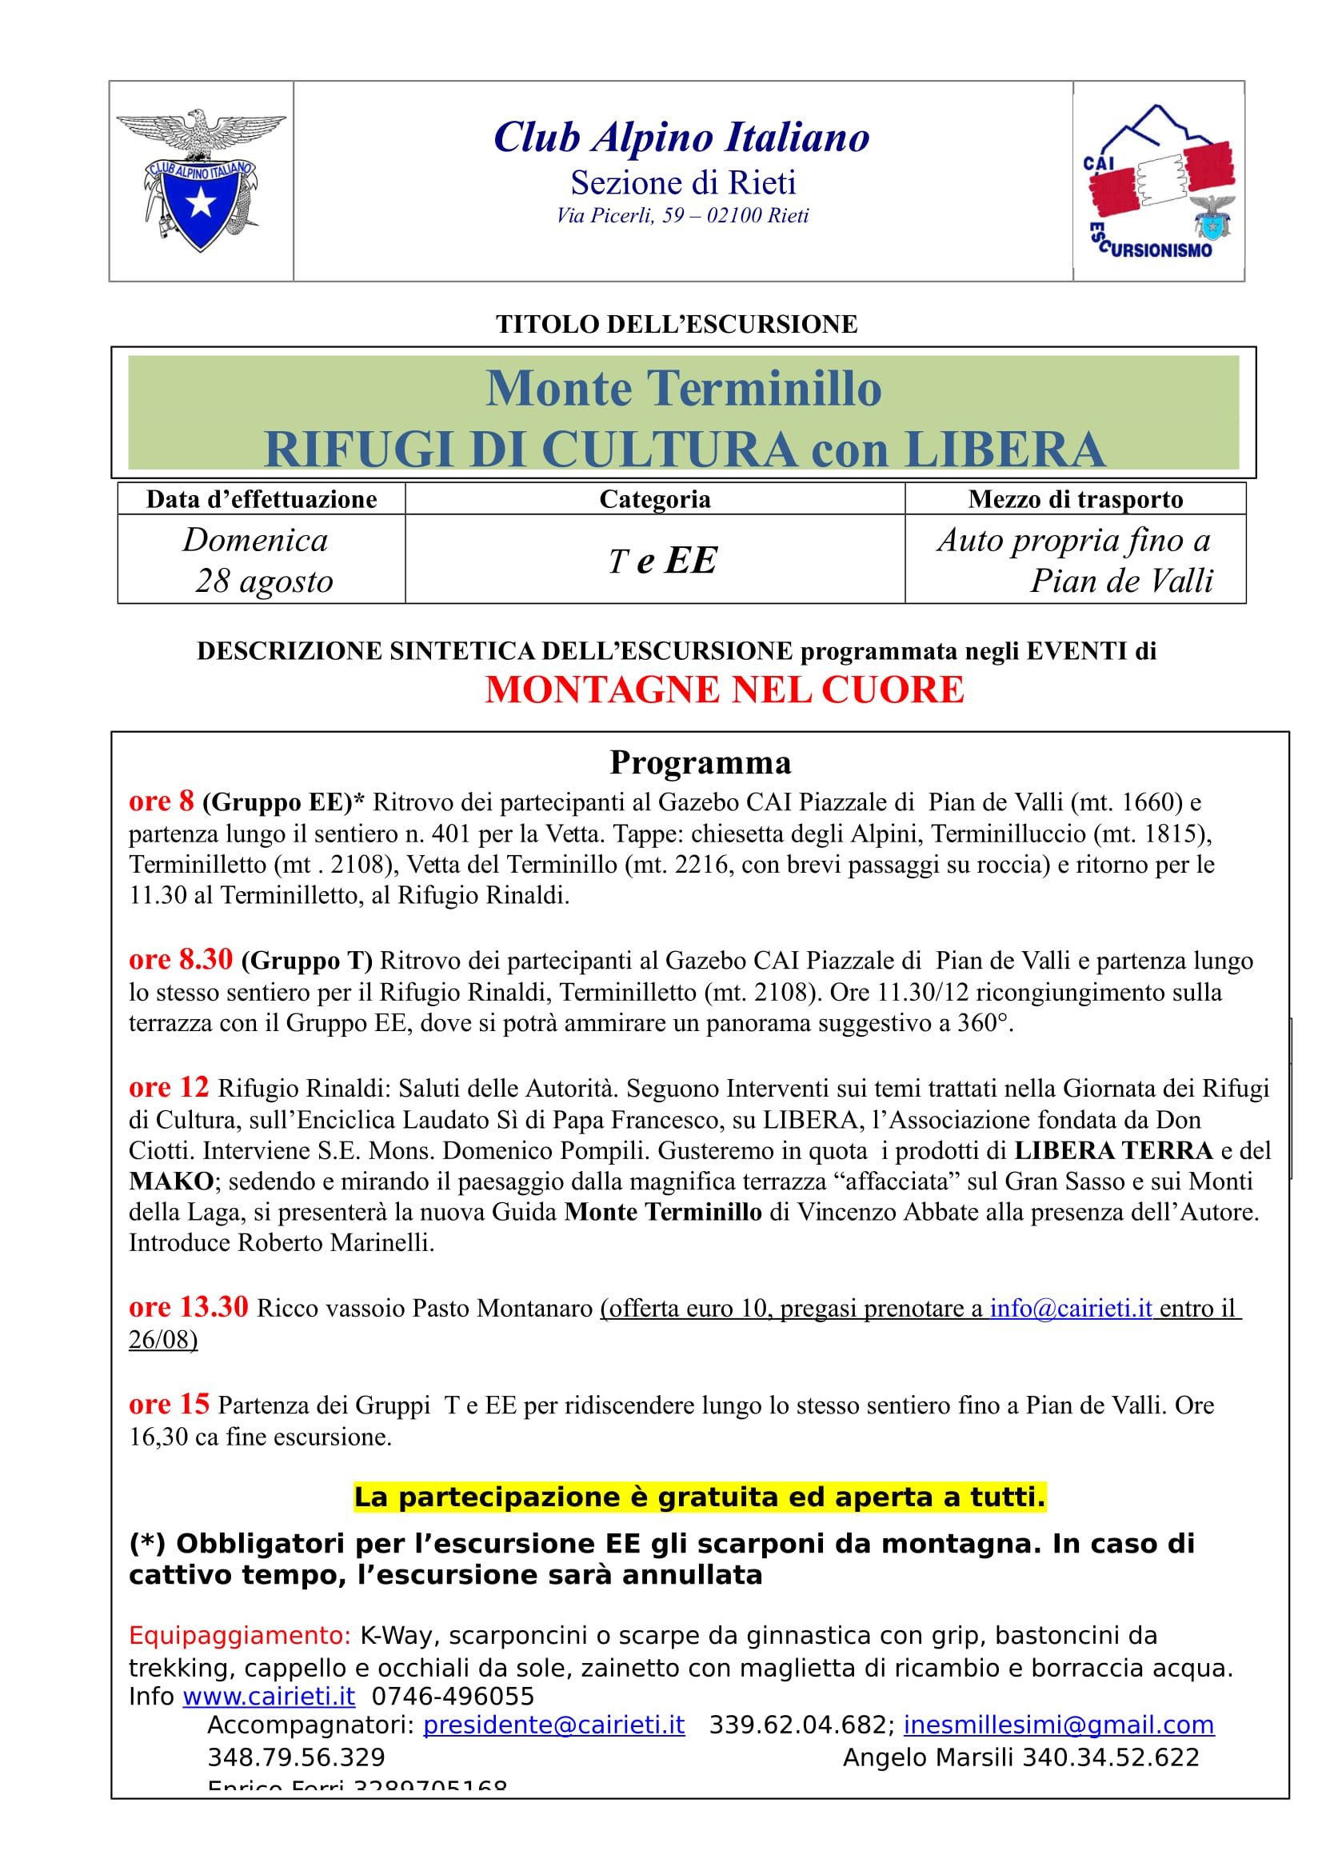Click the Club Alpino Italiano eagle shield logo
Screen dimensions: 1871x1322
[x=201, y=181]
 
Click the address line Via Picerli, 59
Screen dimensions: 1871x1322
[x=682, y=216]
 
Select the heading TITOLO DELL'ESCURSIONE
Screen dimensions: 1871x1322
[x=676, y=324]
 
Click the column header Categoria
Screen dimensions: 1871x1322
[x=654, y=498]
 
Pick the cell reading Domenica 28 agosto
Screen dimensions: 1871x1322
[x=261, y=560]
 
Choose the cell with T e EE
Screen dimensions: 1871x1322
[x=661, y=561]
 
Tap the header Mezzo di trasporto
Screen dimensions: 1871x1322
[x=1074, y=498]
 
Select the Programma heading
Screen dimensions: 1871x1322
[x=700, y=763]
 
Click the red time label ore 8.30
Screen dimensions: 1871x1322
[x=180, y=960]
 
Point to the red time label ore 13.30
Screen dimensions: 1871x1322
[x=188, y=1307]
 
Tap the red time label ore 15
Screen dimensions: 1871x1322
[x=169, y=1404]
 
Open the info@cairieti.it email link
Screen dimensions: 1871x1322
[x=1070, y=1309]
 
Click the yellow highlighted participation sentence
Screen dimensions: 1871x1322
[x=699, y=1497]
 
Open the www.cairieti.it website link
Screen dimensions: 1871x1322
[x=269, y=1697]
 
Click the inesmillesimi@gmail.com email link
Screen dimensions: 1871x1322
[x=1058, y=1725]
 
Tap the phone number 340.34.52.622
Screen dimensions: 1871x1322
[x=1110, y=1757]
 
